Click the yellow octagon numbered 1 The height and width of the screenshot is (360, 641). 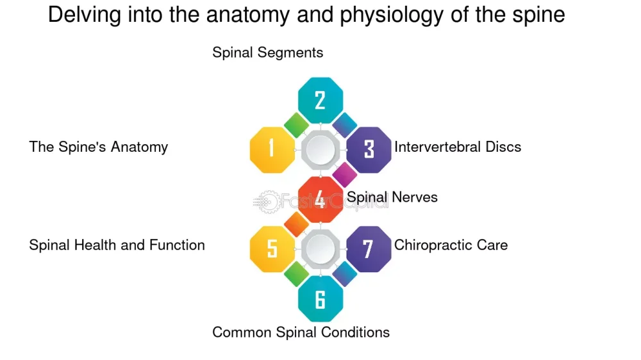point(272,149)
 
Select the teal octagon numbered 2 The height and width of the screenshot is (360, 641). point(320,100)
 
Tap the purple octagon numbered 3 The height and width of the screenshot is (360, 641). point(369,149)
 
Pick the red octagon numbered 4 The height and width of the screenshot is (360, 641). point(320,199)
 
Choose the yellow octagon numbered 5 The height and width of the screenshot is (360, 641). point(272,249)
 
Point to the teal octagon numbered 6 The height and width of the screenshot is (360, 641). point(320,299)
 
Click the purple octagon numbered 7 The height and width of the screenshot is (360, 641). point(369,249)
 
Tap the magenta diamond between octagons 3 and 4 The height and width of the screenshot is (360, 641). point(345,174)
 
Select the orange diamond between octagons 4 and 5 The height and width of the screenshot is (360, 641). point(296,224)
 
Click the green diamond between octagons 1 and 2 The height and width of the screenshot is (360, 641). point(296,125)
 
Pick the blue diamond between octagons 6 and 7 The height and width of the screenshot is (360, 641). point(345,274)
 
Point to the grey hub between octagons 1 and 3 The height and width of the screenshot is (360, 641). point(320,149)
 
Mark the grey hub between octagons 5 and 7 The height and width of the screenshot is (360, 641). point(320,249)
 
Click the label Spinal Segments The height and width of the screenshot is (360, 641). point(268,53)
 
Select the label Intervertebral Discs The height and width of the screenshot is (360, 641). point(458,147)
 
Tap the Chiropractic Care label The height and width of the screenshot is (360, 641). point(451,245)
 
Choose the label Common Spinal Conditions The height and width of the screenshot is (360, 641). point(301,332)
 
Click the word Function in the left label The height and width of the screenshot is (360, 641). point(177,245)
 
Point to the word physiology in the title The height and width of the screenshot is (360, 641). point(392,15)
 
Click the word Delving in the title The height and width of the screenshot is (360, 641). point(85,15)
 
